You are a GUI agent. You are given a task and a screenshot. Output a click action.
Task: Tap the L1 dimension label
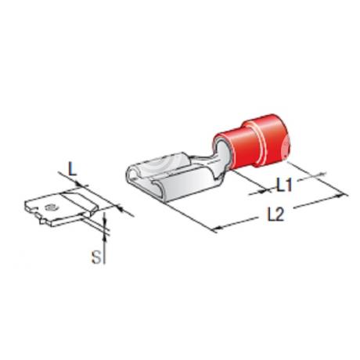click(x=284, y=185)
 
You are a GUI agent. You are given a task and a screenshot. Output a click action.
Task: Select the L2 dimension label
click(x=275, y=214)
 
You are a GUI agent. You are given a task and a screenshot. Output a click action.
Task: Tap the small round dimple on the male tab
click(x=49, y=207)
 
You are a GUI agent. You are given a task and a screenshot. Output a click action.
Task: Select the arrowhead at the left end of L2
click(x=215, y=229)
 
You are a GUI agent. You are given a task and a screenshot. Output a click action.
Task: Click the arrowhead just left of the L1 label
click(x=264, y=191)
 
